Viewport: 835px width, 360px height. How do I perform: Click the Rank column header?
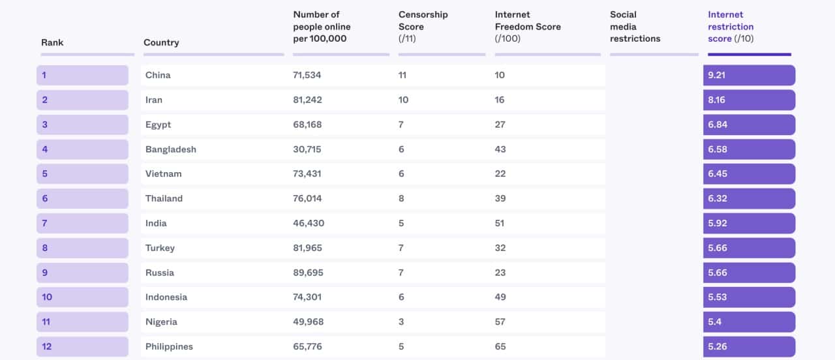coord(52,42)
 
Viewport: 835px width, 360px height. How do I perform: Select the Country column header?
coord(161,42)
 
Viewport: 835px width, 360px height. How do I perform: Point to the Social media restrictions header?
coord(635,27)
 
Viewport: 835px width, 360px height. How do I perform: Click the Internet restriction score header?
coord(731,27)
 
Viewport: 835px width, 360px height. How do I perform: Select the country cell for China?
coord(158,75)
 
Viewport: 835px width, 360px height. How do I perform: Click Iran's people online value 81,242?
coord(307,100)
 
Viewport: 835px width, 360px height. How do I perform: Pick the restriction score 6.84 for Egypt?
coord(718,125)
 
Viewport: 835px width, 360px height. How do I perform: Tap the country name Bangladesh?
coord(171,149)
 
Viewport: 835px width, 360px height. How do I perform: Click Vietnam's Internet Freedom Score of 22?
coord(500,174)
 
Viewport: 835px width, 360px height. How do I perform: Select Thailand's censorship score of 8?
coord(402,198)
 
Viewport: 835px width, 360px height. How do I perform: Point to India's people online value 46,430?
coord(309,223)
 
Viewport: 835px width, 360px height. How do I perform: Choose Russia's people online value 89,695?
coord(308,273)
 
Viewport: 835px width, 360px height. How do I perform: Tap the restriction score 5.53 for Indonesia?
coord(718,297)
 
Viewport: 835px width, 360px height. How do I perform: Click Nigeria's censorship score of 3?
coord(402,322)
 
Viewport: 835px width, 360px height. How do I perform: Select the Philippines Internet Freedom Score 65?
coord(500,346)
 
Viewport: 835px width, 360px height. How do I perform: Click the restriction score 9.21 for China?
coord(717,75)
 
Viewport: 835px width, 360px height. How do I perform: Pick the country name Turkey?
coord(160,248)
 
